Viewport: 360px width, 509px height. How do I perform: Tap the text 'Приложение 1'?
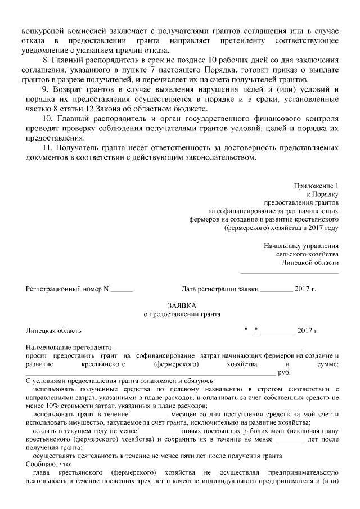click(x=317, y=186)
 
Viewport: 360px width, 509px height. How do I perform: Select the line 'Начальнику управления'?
click(x=301, y=246)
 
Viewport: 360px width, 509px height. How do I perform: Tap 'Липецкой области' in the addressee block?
click(x=310, y=263)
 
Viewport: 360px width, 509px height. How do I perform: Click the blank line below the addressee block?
click(x=290, y=274)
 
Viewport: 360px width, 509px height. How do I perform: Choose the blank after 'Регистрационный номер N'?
click(x=121, y=290)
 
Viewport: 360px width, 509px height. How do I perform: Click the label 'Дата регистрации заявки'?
click(x=220, y=289)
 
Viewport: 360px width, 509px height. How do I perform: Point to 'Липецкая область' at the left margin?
click(x=53, y=331)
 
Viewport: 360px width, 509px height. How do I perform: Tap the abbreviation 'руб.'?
click(x=284, y=372)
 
